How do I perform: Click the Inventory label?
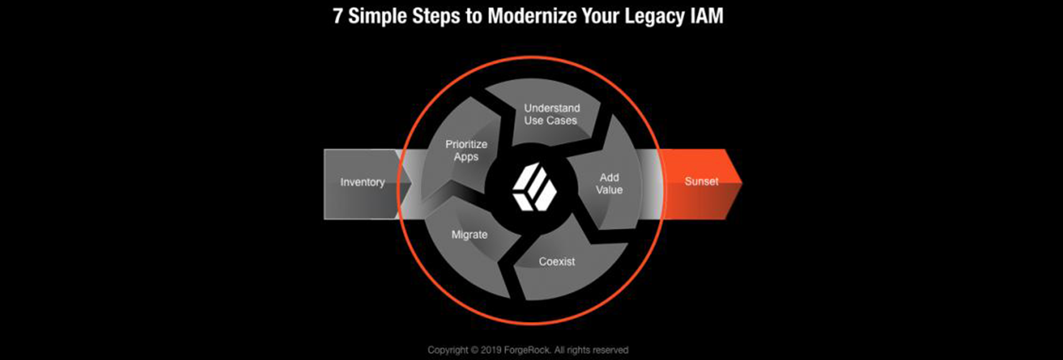coord(362,182)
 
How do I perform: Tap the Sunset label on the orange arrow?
coord(701,181)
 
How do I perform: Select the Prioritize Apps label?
coord(466,150)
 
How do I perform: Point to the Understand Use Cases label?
coord(551,114)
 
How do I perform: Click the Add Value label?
coord(609,183)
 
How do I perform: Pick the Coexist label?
coord(557,261)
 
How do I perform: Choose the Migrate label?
coord(469,235)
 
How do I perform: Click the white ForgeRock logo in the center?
coord(534,187)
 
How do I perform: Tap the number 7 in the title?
coord(338,16)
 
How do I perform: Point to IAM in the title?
coord(706,16)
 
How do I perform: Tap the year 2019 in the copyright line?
coord(491,350)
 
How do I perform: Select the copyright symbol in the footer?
coord(474,350)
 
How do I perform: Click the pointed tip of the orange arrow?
coord(742,181)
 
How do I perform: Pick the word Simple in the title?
coord(377,17)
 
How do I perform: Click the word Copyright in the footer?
coord(448,350)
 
